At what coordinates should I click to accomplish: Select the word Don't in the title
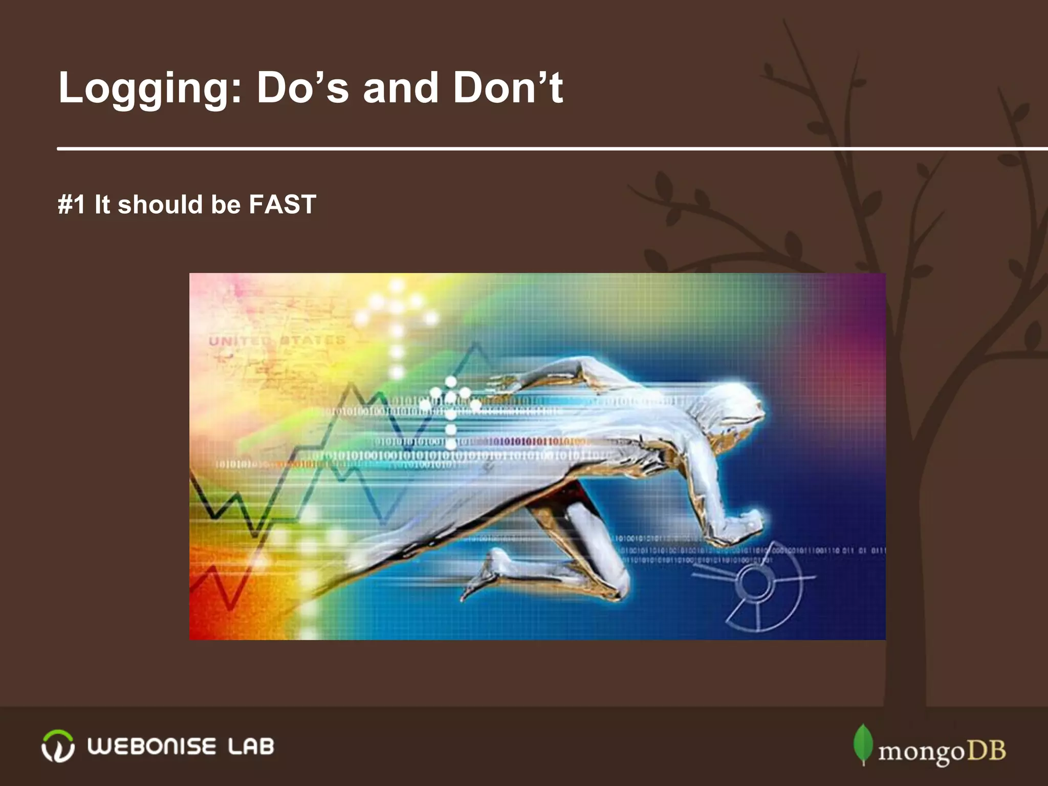[x=508, y=88]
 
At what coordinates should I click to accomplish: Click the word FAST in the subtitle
[x=282, y=205]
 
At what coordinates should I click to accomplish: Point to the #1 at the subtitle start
[x=71, y=205]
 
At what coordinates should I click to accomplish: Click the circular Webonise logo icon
[x=57, y=746]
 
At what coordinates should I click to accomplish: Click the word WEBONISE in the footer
[x=151, y=747]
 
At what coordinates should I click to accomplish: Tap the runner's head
[x=737, y=404]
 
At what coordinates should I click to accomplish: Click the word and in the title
[x=400, y=88]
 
